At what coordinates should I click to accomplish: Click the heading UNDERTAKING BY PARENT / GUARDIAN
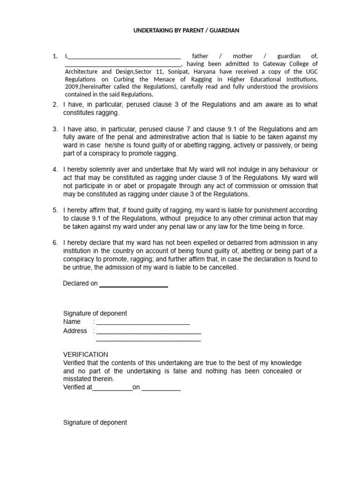point(180,30)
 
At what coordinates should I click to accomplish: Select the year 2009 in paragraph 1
point(71,87)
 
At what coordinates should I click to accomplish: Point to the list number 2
point(55,105)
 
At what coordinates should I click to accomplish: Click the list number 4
point(55,169)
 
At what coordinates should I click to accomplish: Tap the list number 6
point(55,242)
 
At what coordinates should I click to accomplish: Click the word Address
point(75,330)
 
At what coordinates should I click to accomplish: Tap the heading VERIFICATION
point(85,354)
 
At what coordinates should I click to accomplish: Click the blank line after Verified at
point(112,388)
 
